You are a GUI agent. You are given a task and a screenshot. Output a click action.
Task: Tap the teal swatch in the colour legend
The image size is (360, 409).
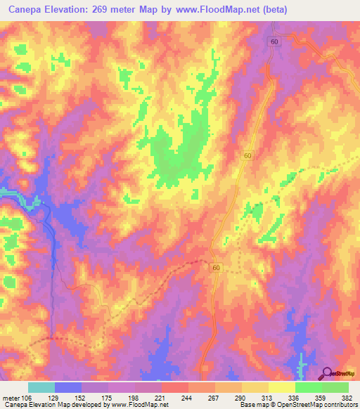coord(41,387)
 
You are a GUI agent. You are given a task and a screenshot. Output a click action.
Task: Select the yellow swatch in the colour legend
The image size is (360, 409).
coord(281,387)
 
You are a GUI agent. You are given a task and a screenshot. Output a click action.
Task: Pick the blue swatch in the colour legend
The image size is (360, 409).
coord(68,387)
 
